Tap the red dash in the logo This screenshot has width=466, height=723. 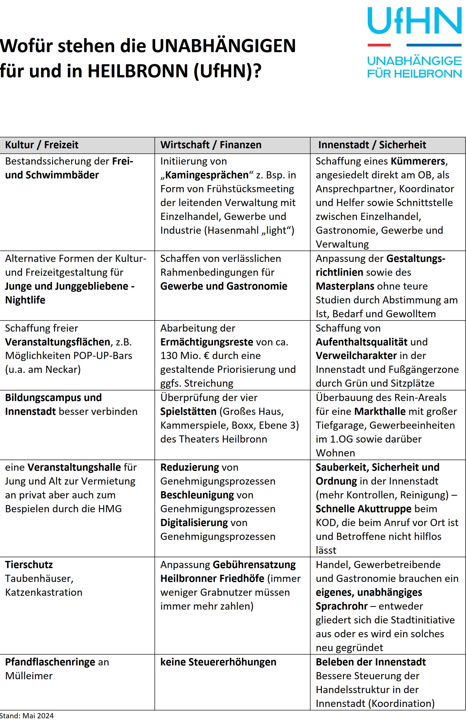[x=379, y=45]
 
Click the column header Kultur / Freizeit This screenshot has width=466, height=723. [x=42, y=145]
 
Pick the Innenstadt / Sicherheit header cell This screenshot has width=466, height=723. [x=372, y=145]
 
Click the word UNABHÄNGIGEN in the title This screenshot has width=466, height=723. [x=223, y=46]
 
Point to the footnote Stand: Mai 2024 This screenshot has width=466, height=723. [x=27, y=716]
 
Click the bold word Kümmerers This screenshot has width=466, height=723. [x=418, y=161]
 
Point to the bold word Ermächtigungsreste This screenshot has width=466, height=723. [x=207, y=342]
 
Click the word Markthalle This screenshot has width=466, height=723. [x=379, y=411]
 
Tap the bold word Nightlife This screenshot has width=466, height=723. [x=25, y=300]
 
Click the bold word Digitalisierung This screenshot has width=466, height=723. [x=194, y=523]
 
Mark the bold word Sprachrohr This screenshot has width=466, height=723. [x=342, y=606]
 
